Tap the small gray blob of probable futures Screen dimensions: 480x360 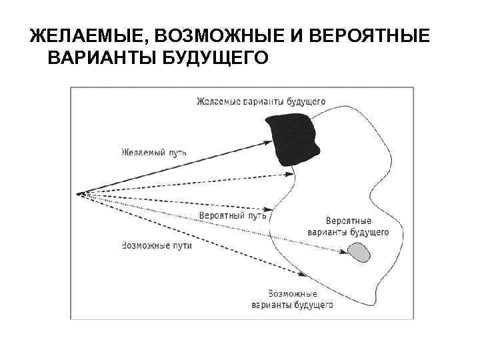[x=360, y=252]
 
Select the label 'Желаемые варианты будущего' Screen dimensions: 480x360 [x=261, y=102]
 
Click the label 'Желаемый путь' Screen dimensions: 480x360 [x=154, y=152]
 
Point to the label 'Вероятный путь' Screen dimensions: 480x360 [x=233, y=215]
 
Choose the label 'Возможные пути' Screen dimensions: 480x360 [x=157, y=245]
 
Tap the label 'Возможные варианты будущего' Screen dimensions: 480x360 [x=292, y=299]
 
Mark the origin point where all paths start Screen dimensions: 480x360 [x=79, y=194]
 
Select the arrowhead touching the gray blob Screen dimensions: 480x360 [x=349, y=252]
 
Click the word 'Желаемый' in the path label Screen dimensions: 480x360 [x=142, y=152]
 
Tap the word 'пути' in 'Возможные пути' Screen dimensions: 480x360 [x=181, y=245]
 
